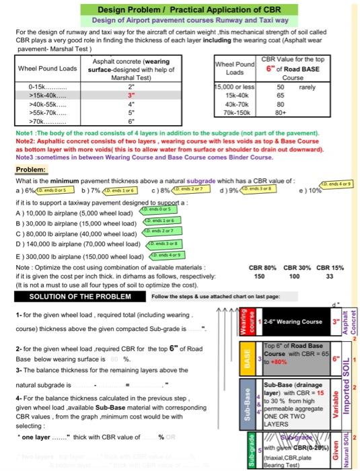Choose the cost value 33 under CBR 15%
328,276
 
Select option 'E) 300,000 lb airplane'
74,256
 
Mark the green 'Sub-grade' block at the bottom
246,451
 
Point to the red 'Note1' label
24,137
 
